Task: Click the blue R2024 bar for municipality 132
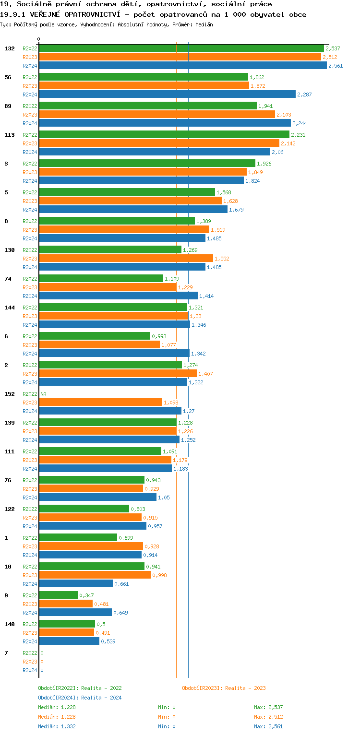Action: tap(182, 66)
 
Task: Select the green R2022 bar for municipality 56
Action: tap(144, 77)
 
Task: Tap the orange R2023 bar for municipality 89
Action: tap(157, 115)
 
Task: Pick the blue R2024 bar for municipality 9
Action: tap(75, 613)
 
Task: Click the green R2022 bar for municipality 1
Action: tap(78, 538)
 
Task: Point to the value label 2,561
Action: tap(336, 66)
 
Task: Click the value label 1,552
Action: tap(222, 259)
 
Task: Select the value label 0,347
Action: tap(86, 595)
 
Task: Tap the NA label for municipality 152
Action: tap(43, 394)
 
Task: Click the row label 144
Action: tap(9, 308)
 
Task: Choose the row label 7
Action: tap(6, 653)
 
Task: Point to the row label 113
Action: tap(9, 135)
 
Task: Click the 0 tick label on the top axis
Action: tap(39, 39)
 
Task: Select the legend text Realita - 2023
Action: tap(245, 688)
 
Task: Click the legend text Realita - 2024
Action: tap(101, 698)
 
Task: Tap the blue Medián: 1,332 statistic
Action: tap(57, 726)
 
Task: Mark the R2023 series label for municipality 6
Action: tap(30, 345)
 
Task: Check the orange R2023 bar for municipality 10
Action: tap(95, 575)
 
